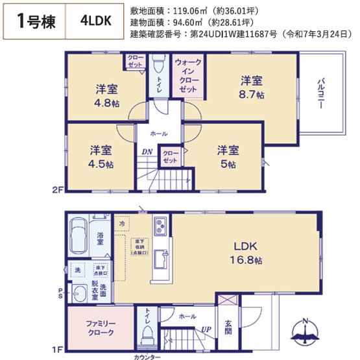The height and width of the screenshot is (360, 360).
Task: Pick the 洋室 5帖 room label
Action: point(228,157)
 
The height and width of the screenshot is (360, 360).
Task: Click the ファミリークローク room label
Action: point(100,328)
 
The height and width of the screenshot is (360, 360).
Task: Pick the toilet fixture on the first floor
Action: point(147,336)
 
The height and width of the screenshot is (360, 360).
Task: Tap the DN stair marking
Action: point(147,152)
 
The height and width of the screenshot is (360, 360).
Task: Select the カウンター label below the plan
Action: point(148,355)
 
